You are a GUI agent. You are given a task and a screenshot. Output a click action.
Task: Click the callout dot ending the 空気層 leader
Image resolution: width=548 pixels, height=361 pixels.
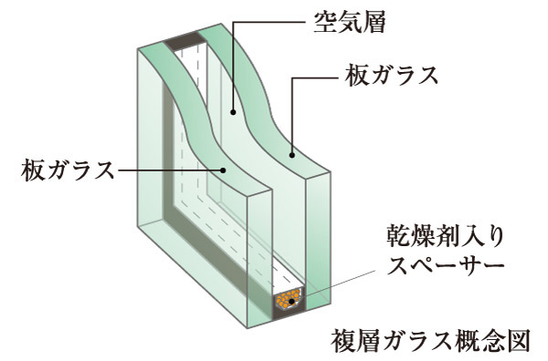point(234,113)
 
